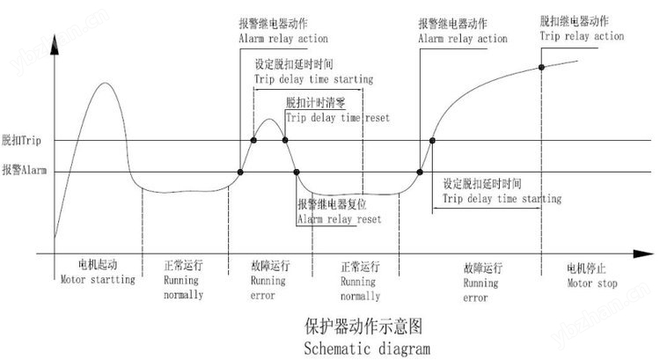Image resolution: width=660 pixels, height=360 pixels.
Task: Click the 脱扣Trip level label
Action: tap(21, 140)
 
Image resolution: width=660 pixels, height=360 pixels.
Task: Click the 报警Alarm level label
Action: tap(24, 170)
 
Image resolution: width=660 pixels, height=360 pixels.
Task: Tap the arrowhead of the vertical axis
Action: tap(55, 45)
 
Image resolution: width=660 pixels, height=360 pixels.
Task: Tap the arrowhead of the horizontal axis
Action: tap(643, 253)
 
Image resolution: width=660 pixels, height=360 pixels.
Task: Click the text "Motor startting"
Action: tap(98, 280)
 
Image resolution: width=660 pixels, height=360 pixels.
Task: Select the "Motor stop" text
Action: tap(592, 283)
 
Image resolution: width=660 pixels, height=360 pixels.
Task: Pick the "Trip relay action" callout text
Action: tap(582, 36)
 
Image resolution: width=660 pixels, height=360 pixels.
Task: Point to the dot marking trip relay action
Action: tap(542, 68)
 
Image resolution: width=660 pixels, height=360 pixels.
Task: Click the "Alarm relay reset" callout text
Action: tap(340, 219)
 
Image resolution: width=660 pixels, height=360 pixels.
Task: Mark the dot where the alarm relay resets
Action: tap(297, 172)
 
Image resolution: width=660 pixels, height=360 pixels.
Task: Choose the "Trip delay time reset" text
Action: tap(338, 118)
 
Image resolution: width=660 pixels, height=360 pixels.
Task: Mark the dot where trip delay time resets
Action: tap(285, 140)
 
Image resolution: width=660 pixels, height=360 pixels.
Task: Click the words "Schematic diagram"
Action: tap(367, 349)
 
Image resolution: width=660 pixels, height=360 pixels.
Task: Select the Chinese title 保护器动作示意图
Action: tap(363, 327)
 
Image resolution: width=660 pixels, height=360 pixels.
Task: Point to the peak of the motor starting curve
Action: tap(105, 83)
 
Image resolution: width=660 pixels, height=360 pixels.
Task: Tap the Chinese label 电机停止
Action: tap(586, 268)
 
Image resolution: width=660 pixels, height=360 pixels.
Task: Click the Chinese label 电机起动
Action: tap(98, 264)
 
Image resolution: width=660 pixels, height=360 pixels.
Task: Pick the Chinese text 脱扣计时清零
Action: tap(315, 102)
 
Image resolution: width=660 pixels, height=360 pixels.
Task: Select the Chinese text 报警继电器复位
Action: tap(332, 204)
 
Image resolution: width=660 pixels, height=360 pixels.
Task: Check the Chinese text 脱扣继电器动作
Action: tap(574, 20)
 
